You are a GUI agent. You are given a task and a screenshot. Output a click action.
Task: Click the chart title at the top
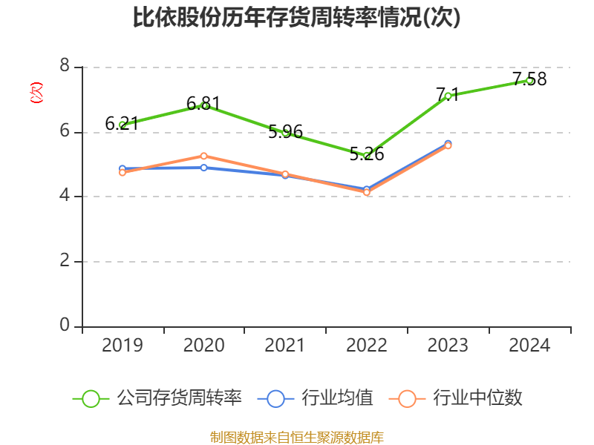(x=297, y=17)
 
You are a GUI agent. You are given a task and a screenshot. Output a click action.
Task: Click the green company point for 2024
(x=529, y=80)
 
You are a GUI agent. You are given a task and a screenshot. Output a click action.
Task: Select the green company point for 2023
(x=448, y=96)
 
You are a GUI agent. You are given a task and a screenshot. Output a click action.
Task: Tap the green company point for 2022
(x=367, y=155)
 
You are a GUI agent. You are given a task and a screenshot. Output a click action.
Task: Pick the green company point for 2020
(x=204, y=105)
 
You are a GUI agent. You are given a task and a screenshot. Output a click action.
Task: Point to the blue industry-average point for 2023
(x=448, y=143)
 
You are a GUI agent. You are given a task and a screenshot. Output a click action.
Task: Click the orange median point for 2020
(x=204, y=156)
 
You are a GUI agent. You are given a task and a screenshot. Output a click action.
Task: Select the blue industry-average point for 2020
(x=204, y=168)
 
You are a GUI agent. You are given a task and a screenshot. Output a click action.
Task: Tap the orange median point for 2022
(x=367, y=192)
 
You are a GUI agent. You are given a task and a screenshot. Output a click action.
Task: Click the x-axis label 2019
(x=123, y=346)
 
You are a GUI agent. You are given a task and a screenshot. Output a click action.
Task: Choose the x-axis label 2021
(x=285, y=346)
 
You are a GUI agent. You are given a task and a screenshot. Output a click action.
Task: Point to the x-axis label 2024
(x=529, y=346)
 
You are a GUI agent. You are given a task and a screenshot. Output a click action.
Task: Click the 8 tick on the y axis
(x=65, y=67)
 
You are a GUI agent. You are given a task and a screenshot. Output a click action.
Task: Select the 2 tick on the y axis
(x=65, y=261)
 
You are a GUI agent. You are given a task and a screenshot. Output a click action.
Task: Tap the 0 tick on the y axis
(x=65, y=326)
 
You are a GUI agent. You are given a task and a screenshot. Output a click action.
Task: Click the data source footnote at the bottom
(x=297, y=437)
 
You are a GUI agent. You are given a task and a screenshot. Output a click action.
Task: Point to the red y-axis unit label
(x=36, y=93)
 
